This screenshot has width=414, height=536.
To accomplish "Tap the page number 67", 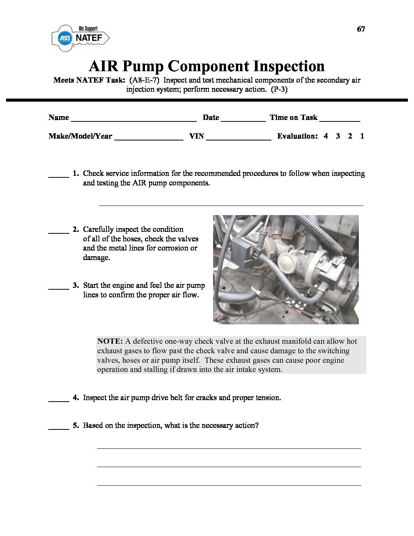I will pos(361,29).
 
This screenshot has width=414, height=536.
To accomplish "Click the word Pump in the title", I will pos(143,66).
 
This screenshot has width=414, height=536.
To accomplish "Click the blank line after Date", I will pos(243,120).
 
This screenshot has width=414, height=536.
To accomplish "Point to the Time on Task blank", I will pos(339,120).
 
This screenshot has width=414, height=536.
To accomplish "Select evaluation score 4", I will pos(326,136).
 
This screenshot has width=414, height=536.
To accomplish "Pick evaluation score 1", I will pos(362,136).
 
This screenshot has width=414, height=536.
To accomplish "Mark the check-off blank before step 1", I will pos(58,175).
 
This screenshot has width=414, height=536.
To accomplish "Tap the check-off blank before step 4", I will pos(58,400).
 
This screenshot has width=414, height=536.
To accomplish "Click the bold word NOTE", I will pos(110,341).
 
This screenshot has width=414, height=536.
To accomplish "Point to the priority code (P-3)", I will pos(279,89).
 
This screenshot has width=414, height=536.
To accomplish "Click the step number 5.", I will pos(75,426).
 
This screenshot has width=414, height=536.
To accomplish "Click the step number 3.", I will pos(75,286).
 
